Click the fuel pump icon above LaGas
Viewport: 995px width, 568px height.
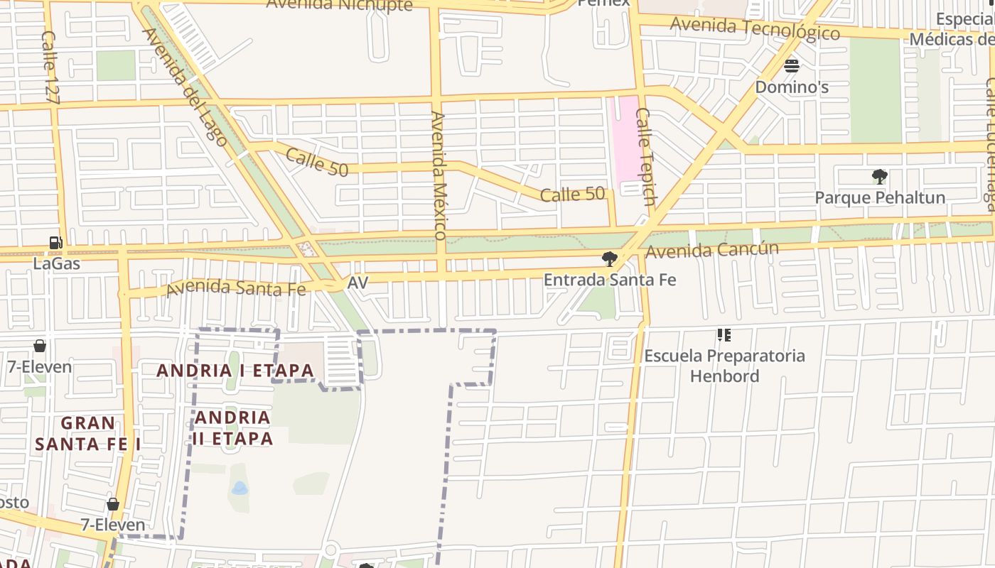pos(55,243)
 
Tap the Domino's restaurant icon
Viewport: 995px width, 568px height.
pos(792,66)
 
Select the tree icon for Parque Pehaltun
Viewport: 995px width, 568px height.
pos(879,177)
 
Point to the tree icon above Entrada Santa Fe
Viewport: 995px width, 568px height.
pos(608,258)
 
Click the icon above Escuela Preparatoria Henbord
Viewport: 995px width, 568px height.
pos(724,334)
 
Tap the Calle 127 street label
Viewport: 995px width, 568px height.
pos(49,67)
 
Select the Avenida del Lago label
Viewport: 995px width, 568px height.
pos(185,87)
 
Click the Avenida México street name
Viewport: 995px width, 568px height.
pos(439,175)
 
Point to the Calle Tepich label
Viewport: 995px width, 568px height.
pos(645,157)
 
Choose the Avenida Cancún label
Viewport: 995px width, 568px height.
pos(712,251)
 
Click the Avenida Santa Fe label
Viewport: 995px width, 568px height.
pos(236,288)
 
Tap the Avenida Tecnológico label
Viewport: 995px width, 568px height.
pos(755,28)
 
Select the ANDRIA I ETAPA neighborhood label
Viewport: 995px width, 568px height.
pos(235,371)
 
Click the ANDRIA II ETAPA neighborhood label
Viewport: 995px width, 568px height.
pos(232,427)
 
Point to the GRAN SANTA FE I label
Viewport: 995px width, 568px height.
pos(87,433)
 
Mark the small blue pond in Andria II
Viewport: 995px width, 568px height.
pos(240,488)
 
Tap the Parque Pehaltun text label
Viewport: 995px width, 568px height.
pos(880,197)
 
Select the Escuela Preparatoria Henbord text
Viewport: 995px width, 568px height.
pos(724,365)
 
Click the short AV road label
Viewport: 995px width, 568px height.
pos(357,283)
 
